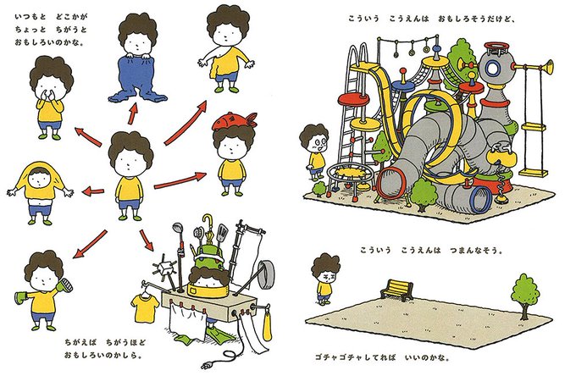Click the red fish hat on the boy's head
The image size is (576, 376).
point(234,122)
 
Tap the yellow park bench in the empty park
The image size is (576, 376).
point(396,290)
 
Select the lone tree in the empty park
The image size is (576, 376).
point(525,295)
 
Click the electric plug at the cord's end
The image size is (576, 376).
point(207,365)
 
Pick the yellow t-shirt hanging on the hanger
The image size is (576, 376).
point(145,307)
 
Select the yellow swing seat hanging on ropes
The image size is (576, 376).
point(533,172)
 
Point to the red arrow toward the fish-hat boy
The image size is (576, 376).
point(180,180)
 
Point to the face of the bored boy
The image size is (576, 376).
point(326,276)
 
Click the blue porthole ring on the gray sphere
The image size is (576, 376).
point(493,69)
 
